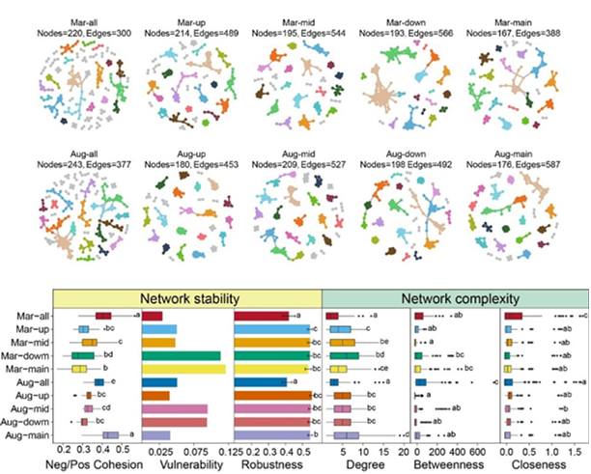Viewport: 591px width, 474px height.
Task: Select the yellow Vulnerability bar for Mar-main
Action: [183, 369]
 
